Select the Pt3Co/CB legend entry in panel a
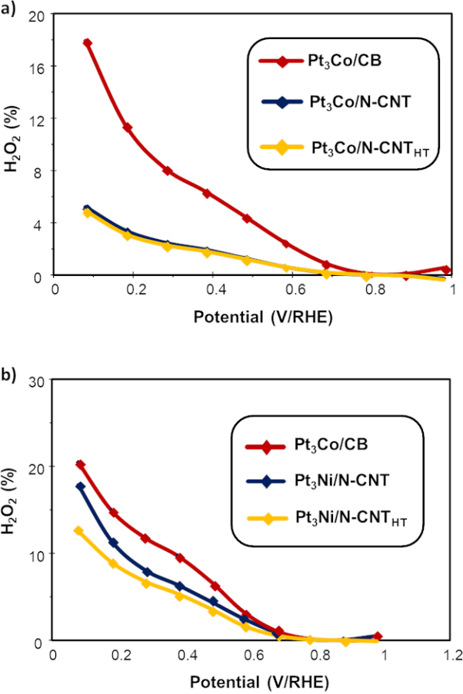[x=345, y=62]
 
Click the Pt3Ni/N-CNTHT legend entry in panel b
[x=342, y=523]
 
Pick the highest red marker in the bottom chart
[x=80, y=464]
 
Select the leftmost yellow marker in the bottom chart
[x=78, y=530]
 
